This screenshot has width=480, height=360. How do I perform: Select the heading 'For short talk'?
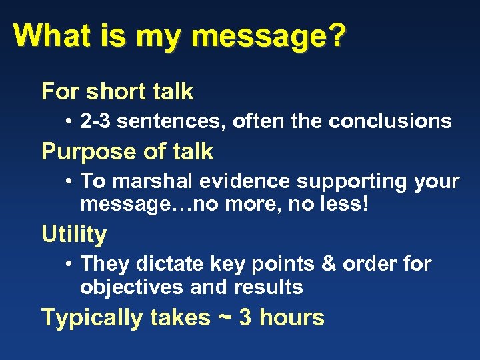click(x=117, y=91)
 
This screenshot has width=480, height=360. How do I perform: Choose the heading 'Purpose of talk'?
click(x=127, y=151)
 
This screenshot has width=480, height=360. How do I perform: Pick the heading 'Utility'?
click(x=74, y=234)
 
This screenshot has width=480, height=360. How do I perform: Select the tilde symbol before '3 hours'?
click(x=224, y=318)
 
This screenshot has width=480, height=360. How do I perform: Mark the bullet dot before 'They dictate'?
click(x=70, y=265)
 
